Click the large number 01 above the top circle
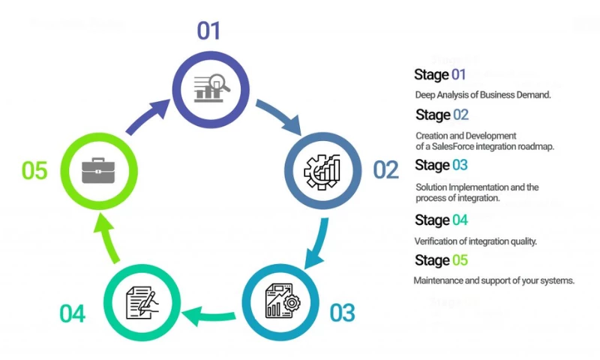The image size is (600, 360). pyautogui.click(x=208, y=31)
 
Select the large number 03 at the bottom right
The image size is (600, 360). pyautogui.click(x=342, y=312)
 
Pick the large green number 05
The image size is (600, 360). pyautogui.click(x=34, y=170)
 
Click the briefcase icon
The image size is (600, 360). pyautogui.click(x=97, y=170)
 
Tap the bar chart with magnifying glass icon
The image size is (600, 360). pyautogui.click(x=211, y=88)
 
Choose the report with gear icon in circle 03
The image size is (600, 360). pyautogui.click(x=282, y=302)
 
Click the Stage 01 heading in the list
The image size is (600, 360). pyautogui.click(x=440, y=75)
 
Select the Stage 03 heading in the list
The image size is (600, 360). pyautogui.click(x=441, y=165)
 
